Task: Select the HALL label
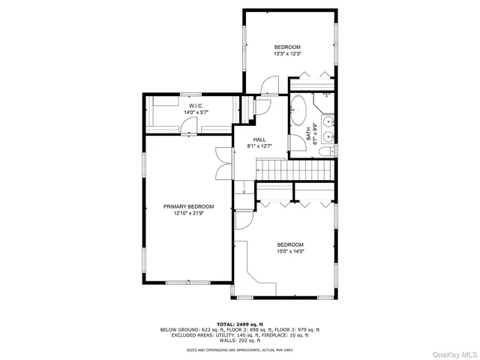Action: pos(259,139)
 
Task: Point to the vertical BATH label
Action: pos(308,133)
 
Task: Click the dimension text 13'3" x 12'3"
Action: pos(286,53)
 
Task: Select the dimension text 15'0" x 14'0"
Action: pos(290,252)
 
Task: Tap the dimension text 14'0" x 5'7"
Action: pos(195,112)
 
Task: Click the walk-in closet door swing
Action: pos(190,128)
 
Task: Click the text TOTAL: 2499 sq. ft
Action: pos(239,323)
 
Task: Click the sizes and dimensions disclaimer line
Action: pos(239,349)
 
